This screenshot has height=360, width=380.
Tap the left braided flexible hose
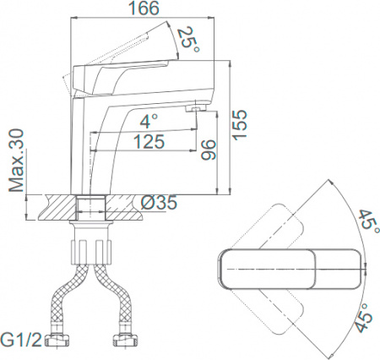[67, 296]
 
